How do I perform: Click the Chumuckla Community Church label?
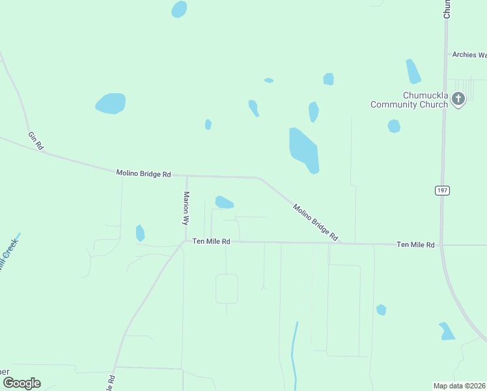click(x=409, y=100)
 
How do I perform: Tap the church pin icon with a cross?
click(x=458, y=99)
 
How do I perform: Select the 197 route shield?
click(x=443, y=190)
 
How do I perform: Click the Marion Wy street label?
click(x=186, y=207)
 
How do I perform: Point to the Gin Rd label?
click(x=35, y=141)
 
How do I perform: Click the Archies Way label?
click(x=469, y=55)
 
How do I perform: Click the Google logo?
click(x=21, y=383)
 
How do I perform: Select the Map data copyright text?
click(x=459, y=385)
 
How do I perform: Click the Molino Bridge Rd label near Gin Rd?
click(x=143, y=173)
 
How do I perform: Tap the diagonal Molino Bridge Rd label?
click(x=315, y=222)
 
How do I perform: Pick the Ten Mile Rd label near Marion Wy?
click(x=212, y=241)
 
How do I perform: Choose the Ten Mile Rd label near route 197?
click(x=415, y=244)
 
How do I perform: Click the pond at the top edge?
click(x=179, y=9)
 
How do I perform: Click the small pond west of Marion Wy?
click(x=140, y=233)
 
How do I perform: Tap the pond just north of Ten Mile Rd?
click(x=224, y=203)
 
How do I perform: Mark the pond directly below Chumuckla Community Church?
click(x=394, y=126)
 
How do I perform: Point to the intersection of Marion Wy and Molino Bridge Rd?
click(x=187, y=175)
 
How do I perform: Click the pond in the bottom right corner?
click(x=447, y=331)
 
